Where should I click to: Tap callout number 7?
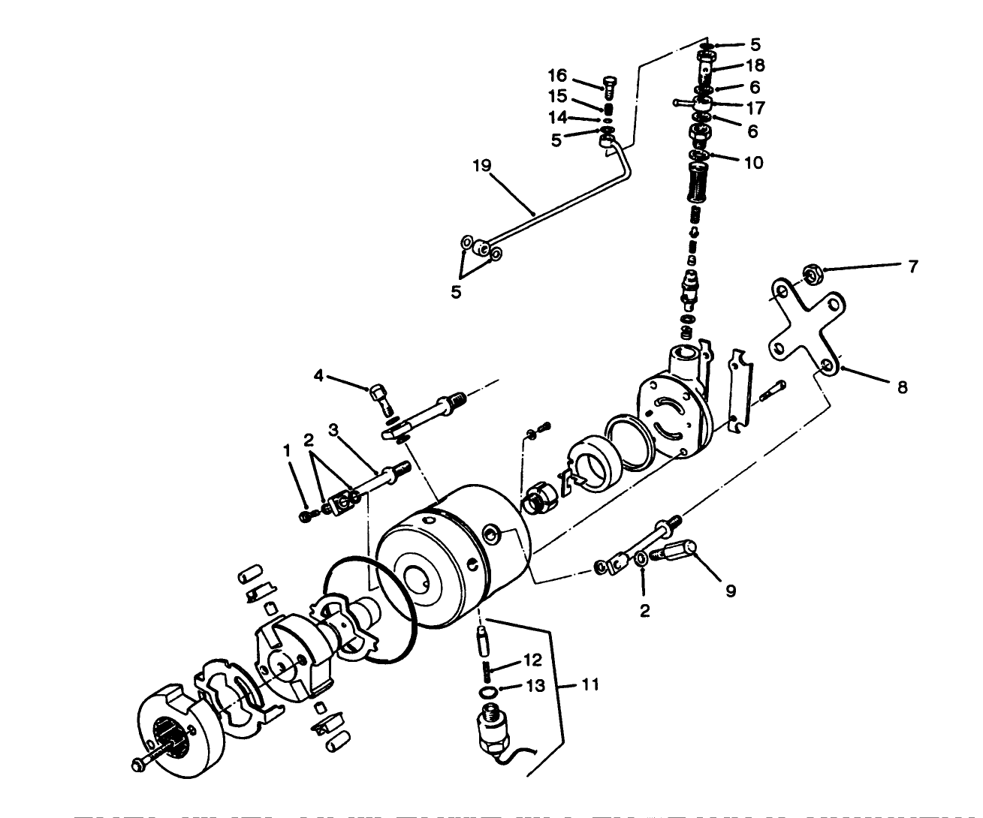tap(912, 266)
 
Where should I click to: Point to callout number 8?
tap(902, 387)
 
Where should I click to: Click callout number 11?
tap(590, 685)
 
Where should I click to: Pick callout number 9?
tap(728, 591)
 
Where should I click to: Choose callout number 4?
tap(318, 374)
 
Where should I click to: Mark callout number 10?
tap(753, 163)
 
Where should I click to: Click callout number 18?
tap(754, 65)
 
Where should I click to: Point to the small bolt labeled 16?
tap(608, 88)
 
